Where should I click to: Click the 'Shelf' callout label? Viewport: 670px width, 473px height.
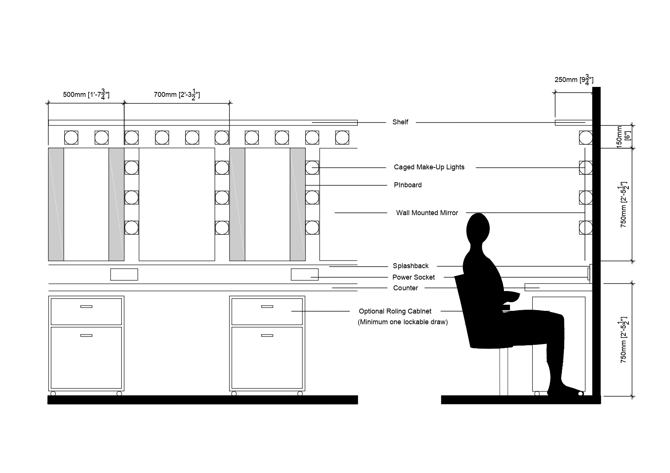tap(400, 122)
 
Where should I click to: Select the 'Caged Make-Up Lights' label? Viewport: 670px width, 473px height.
tap(429, 167)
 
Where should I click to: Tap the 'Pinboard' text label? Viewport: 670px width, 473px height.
tap(408, 185)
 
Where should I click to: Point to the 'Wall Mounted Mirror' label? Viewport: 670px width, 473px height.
tap(427, 213)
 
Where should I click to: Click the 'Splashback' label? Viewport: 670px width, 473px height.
tap(410, 266)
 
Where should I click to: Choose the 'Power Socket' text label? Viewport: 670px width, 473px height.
tap(413, 277)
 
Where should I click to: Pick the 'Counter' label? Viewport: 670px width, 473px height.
tap(405, 288)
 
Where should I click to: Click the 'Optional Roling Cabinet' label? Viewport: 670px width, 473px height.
tap(395, 311)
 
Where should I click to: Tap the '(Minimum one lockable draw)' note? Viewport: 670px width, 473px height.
tap(402, 322)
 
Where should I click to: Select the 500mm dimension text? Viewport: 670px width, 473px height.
tap(86, 94)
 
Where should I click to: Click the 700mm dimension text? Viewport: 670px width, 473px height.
tap(177, 94)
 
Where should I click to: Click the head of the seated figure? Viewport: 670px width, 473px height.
tap(478, 228)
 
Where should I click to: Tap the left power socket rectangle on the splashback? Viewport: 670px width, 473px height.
tap(124, 274)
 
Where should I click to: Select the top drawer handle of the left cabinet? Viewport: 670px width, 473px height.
tap(86, 306)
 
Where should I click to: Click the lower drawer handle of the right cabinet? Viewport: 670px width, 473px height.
tap(267, 335)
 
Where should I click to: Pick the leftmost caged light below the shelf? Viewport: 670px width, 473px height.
tap(71, 137)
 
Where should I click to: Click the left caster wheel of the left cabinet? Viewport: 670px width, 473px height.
tap(53, 393)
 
